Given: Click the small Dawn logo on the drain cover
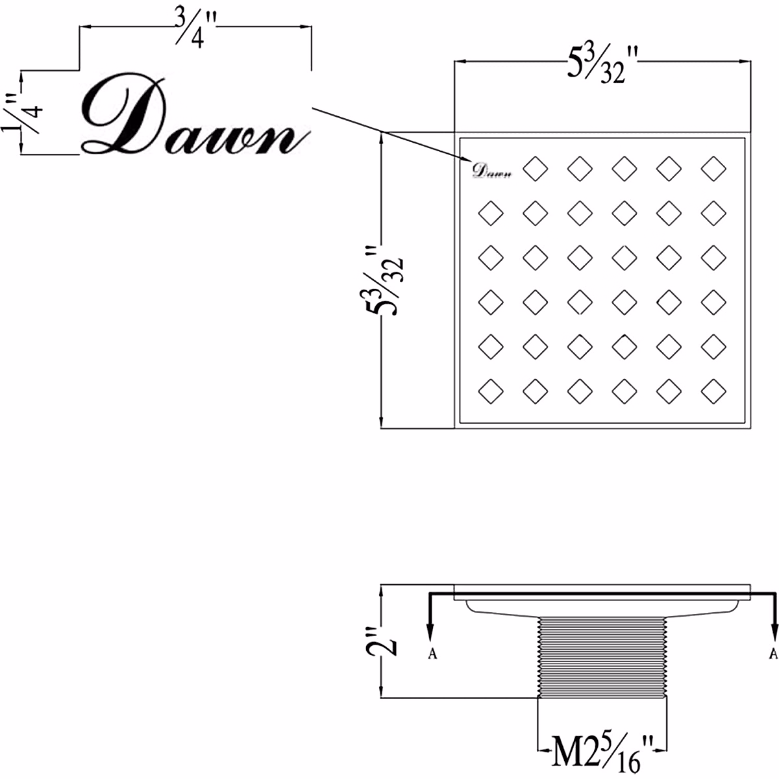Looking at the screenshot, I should pyautogui.click(x=491, y=171).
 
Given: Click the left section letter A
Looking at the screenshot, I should pyautogui.click(x=432, y=653).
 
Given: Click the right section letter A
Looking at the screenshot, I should pyautogui.click(x=773, y=652).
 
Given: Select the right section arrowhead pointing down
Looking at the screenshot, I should pyautogui.click(x=774, y=632).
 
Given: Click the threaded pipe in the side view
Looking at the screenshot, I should pyautogui.click(x=603, y=656).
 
